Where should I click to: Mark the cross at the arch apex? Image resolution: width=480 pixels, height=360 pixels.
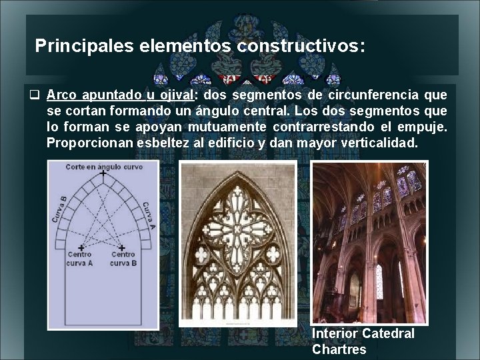(x=103, y=174)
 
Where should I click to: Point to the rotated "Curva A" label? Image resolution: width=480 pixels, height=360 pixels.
(x=147, y=215)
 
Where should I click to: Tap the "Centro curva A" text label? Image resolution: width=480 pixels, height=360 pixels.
(x=80, y=259)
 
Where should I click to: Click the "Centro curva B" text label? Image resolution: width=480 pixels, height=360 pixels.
(x=123, y=259)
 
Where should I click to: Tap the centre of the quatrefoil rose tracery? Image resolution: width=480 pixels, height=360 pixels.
(x=238, y=226)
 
